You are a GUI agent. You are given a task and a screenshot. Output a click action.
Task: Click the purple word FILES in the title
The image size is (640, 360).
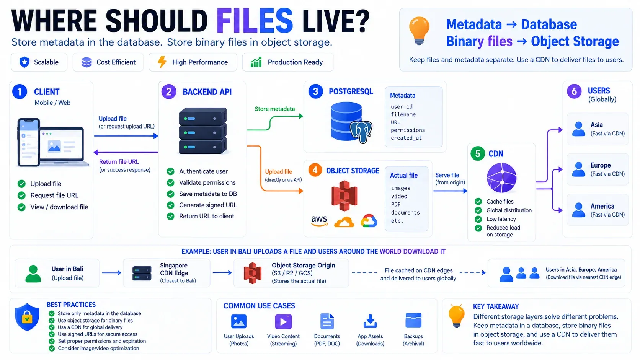point(255,21)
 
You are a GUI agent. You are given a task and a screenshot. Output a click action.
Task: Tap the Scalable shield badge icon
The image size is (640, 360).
point(24,62)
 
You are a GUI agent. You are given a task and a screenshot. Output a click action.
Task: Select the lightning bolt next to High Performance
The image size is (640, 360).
point(162,62)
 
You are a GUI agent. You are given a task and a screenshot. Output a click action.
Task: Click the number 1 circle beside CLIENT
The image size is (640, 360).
point(20,92)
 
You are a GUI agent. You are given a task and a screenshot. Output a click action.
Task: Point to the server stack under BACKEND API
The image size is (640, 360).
point(202,131)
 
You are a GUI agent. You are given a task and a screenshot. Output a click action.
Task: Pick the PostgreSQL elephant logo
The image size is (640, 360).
point(361,132)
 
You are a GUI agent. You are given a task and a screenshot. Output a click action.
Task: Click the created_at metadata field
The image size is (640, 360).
point(406,138)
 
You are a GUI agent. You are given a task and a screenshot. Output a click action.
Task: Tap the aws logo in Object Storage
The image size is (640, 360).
point(319,221)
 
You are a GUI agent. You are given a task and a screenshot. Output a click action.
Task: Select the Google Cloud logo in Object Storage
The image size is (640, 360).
point(369,221)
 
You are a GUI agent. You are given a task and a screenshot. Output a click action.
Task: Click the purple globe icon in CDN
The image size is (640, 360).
point(501,178)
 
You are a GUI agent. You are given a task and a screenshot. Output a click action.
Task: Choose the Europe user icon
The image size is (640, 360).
point(579,169)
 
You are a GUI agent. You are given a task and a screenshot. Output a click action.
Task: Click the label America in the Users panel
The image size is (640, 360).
point(602,206)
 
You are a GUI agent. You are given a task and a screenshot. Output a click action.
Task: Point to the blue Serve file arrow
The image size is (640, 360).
point(450,191)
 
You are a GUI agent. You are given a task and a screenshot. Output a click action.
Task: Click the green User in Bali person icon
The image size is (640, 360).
point(33,274)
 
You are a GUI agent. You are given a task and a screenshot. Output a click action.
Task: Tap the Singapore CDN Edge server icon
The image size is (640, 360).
point(142,273)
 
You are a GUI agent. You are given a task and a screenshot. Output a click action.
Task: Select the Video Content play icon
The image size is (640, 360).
point(283,321)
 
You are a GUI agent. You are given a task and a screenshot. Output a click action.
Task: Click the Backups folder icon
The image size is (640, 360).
point(413,320)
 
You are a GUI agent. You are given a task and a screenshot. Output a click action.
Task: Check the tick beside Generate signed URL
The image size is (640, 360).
point(171,205)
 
